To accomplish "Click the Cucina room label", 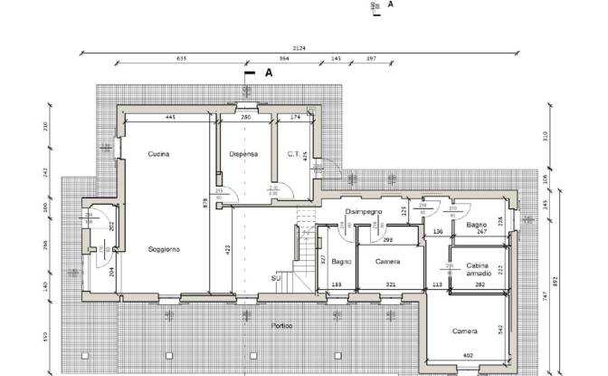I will (x=159, y=154).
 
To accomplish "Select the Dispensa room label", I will (x=243, y=154).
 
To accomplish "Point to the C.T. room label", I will (x=293, y=154).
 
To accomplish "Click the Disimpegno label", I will (x=364, y=211).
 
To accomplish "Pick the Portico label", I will (x=283, y=325).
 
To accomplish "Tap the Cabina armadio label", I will (x=479, y=268).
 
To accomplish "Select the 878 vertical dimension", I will (x=205, y=206).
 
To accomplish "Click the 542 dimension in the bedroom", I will (x=499, y=327).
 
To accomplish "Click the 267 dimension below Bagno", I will (x=482, y=232).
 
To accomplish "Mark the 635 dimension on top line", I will (x=181, y=58).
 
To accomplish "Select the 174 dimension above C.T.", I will (x=295, y=118).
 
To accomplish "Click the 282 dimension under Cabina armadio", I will (x=480, y=284).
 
